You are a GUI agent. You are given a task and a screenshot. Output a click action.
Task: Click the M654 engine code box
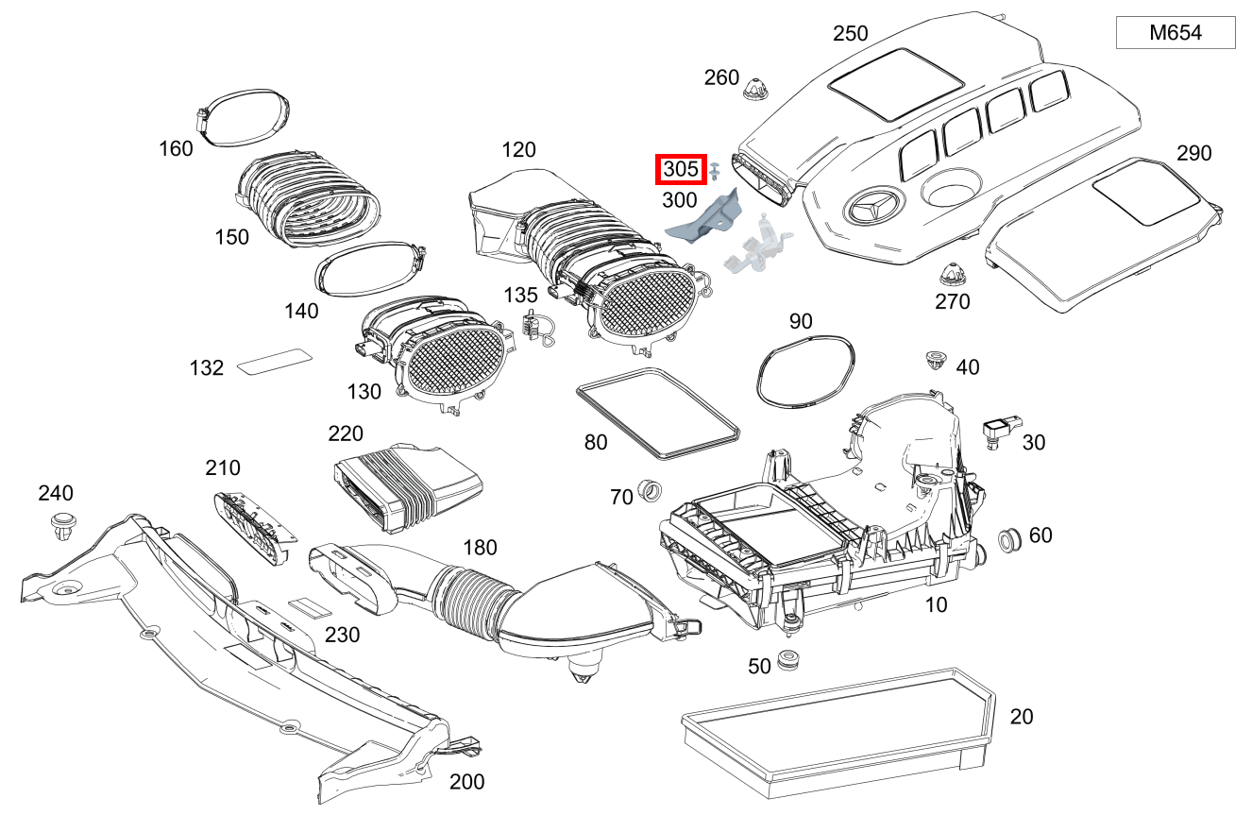[x=1176, y=33]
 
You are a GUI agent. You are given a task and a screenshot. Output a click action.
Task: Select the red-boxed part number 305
[x=681, y=170]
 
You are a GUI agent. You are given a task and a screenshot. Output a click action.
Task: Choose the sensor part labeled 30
[x=997, y=431]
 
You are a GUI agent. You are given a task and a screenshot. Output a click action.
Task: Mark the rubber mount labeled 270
[x=952, y=277]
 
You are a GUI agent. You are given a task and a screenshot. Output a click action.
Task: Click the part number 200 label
[x=466, y=781]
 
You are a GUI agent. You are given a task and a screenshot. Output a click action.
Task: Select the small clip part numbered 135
[x=535, y=328]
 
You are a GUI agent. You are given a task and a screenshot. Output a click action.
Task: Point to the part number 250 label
[x=850, y=34]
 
